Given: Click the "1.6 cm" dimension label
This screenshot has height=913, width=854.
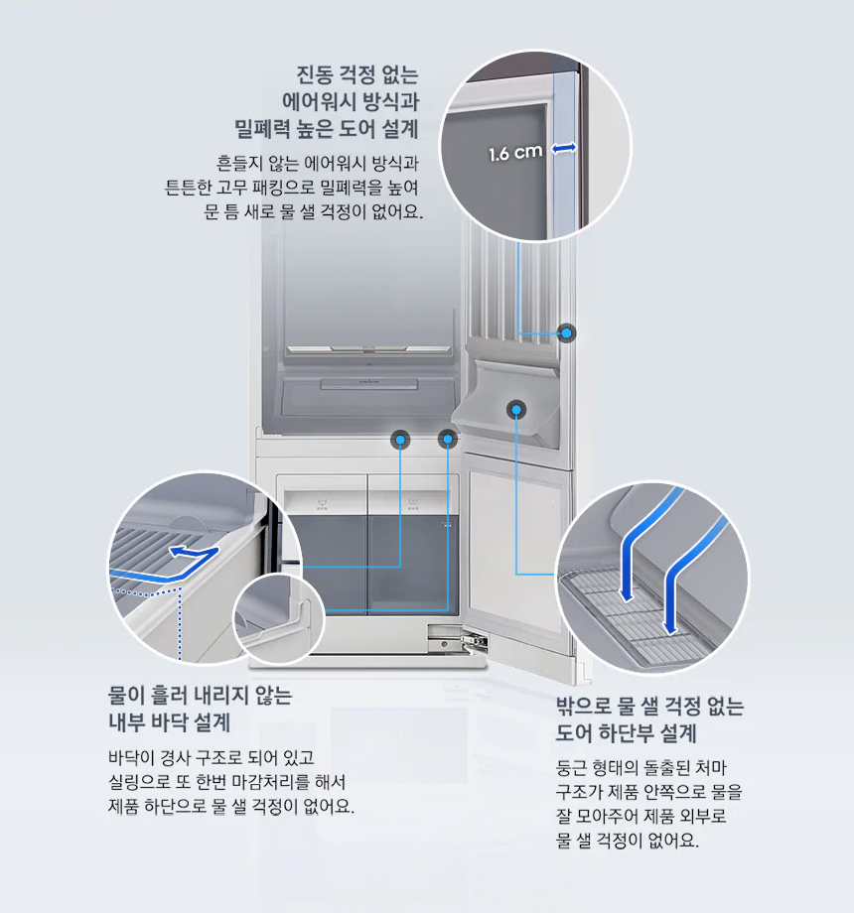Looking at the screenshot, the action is [x=515, y=153].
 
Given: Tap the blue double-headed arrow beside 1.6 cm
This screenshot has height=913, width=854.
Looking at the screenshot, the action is [x=564, y=148].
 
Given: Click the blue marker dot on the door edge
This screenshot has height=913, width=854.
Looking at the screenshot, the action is [x=566, y=333].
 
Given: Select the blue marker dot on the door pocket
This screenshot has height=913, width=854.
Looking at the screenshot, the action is [x=516, y=408].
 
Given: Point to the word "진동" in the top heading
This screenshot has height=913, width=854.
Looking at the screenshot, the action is [x=316, y=75].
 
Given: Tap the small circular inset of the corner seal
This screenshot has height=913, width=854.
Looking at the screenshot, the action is [x=279, y=621].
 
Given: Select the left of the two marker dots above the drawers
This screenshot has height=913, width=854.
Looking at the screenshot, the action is [x=400, y=438].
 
